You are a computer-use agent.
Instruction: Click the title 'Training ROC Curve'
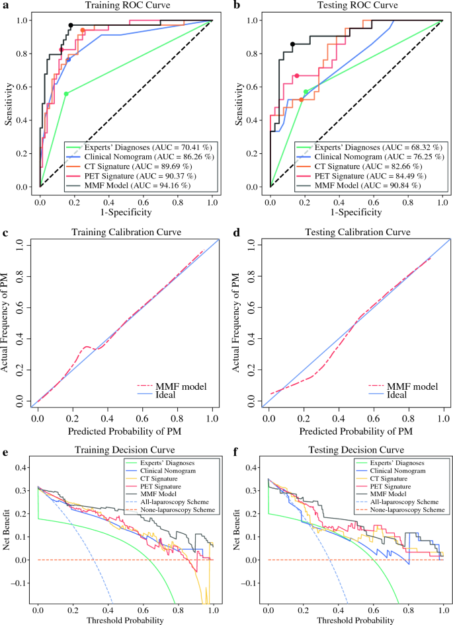[125, 5]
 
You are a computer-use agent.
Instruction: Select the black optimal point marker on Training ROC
[71, 25]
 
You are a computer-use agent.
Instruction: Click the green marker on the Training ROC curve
[66, 94]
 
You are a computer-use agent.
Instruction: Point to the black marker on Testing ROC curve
[292, 44]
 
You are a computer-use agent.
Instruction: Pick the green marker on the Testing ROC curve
[306, 92]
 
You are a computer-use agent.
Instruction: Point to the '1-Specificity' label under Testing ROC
[356, 212]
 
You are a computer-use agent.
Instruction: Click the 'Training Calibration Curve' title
[125, 232]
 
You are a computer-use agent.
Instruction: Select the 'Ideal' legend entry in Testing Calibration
[395, 395]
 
